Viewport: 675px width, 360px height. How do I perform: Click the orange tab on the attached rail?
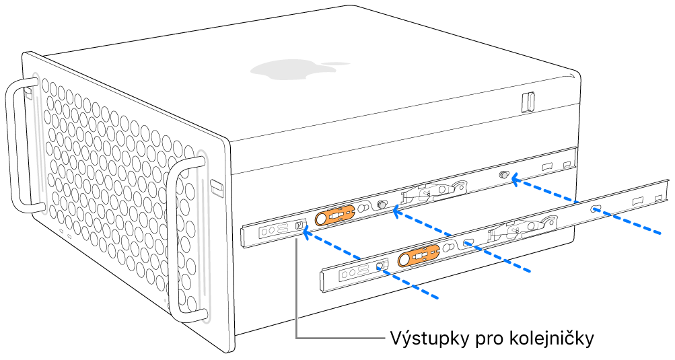coord(335,214)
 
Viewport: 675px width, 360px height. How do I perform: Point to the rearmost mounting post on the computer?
coord(503,176)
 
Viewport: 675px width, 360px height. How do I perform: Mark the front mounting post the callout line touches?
coord(297,227)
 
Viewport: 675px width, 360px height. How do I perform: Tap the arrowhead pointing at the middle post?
coord(397,213)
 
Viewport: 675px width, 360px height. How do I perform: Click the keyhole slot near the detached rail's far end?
coord(594,210)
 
